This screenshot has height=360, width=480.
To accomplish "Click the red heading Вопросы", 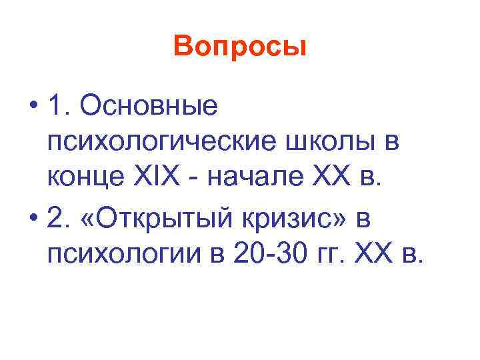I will (x=239, y=47).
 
